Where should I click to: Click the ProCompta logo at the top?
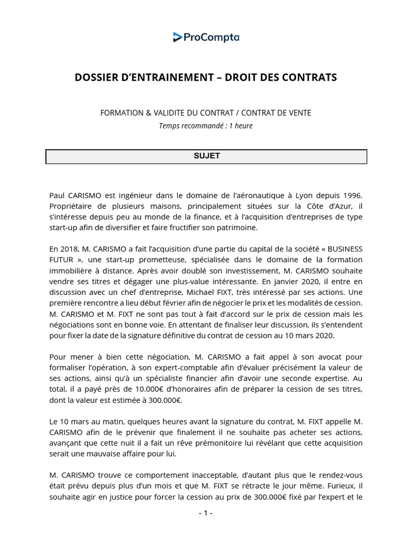coord(206,37)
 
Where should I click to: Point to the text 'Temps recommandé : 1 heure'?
coord(205,126)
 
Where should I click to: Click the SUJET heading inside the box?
coord(206,156)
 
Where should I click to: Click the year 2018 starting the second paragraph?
coord(71,249)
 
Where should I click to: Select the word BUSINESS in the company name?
coord(344,249)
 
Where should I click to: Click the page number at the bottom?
coord(205,513)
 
